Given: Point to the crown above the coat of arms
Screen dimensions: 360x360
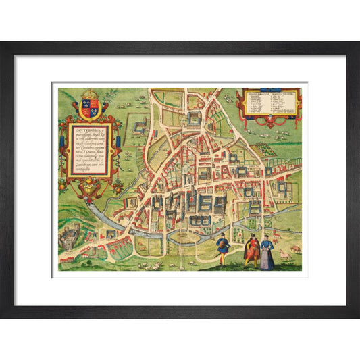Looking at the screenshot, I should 90,95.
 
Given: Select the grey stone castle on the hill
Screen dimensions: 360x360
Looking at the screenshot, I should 70,238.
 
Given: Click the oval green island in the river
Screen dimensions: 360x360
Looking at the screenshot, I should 185,238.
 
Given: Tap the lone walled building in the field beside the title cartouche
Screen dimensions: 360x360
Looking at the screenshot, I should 140,127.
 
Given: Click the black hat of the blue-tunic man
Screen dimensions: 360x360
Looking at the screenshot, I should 222,235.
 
